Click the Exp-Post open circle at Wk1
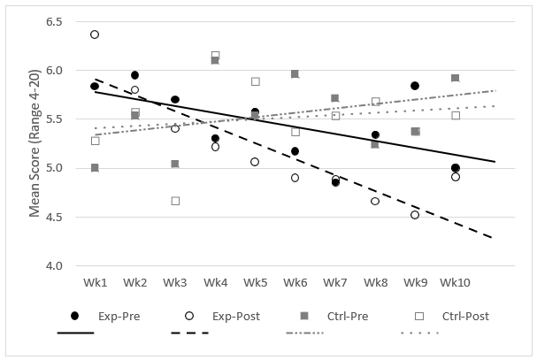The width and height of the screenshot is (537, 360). pyautogui.click(x=95, y=34)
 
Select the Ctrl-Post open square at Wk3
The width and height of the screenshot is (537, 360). pyautogui.click(x=175, y=201)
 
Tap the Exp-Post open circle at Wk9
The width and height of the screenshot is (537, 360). pyautogui.click(x=415, y=215)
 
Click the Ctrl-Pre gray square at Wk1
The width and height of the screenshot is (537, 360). pyautogui.click(x=95, y=167)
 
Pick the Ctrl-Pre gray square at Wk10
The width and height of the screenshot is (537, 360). pyautogui.click(x=456, y=78)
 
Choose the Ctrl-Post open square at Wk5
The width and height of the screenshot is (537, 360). pyautogui.click(x=256, y=81)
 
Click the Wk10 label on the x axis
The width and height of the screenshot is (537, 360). pyautogui.click(x=455, y=282)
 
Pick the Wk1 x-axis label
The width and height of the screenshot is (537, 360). pyautogui.click(x=95, y=282)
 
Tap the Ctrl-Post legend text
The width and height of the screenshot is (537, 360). pyautogui.click(x=465, y=316)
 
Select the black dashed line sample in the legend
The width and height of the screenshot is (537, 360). pyautogui.click(x=189, y=333)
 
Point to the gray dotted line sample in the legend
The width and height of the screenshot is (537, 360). pyautogui.click(x=420, y=333)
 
